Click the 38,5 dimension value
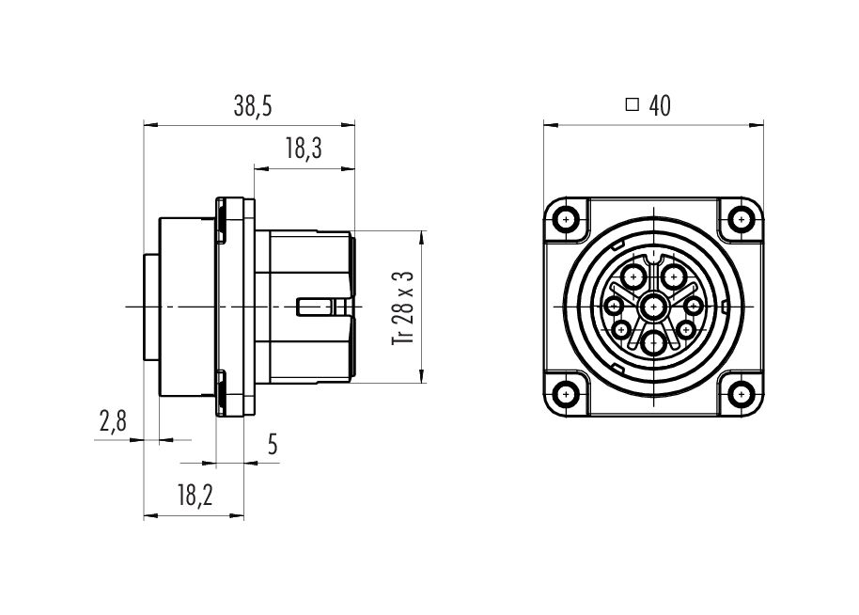click(x=253, y=106)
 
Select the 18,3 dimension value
click(x=304, y=150)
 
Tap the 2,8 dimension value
click(x=113, y=421)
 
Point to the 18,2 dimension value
click(x=195, y=496)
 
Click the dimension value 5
click(x=273, y=444)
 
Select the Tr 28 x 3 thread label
click(x=403, y=307)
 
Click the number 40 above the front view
click(x=660, y=106)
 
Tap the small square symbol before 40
click(x=633, y=104)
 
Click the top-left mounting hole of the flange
click(x=566, y=220)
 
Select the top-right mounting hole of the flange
click(x=742, y=220)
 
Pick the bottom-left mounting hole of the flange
click(x=566, y=394)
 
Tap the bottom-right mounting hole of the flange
click(x=742, y=394)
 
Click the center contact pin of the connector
click(x=653, y=307)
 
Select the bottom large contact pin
click(x=653, y=343)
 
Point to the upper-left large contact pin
click(x=634, y=276)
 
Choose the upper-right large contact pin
click(x=673, y=276)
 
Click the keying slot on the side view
click(x=316, y=307)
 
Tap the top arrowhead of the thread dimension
click(x=421, y=237)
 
